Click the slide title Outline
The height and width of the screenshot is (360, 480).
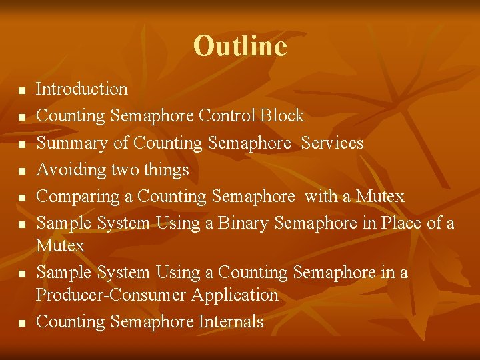click(240, 46)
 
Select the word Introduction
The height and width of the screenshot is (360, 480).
click(81, 89)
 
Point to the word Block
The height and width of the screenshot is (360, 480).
click(282, 116)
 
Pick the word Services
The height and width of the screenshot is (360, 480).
click(332, 143)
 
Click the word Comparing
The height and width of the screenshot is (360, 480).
click(75, 197)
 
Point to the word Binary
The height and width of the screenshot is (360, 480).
click(241, 223)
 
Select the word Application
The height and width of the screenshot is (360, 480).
click(237, 295)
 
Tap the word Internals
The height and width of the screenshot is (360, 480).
click(231, 322)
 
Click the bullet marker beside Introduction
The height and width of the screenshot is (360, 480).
click(21, 90)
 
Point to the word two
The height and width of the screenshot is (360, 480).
click(125, 171)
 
